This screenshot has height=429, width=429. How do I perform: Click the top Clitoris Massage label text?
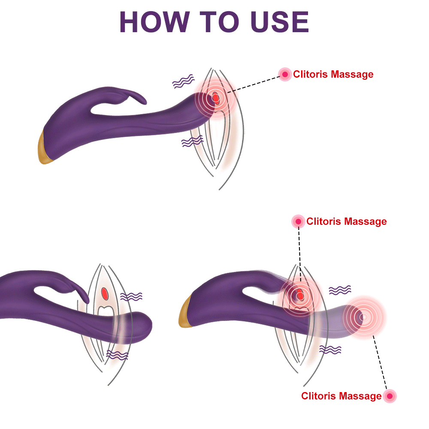coord(333,75)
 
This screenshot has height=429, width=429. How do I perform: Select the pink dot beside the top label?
coord(284,74)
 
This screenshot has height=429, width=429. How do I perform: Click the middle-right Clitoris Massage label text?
coord(346,222)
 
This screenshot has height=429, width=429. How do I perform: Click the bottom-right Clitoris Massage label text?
coord(341,396)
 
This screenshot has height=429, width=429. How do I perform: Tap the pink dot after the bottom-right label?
coord(390,396)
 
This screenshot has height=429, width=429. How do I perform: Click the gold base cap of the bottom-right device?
coord(185,313)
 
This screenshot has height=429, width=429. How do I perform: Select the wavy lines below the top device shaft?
coord(192,141)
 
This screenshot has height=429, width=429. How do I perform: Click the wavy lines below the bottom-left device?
coord(117,354)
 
